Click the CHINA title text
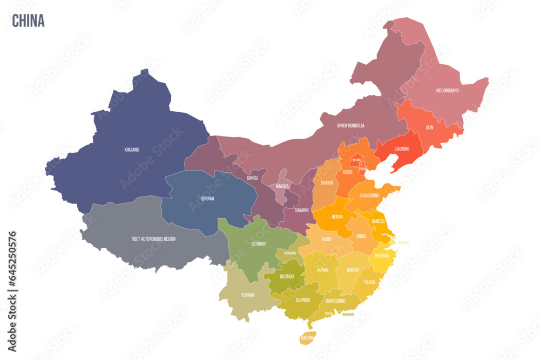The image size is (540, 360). pyautogui.click(x=28, y=21)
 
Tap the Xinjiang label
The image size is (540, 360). pyautogui.click(x=131, y=150)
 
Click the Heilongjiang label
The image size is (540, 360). pyautogui.click(x=447, y=90)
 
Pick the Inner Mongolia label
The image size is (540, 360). pyautogui.click(x=350, y=126)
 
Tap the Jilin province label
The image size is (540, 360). pyautogui.click(x=429, y=128)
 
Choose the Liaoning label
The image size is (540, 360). pyautogui.click(x=402, y=148)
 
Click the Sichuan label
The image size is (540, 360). pyautogui.click(x=258, y=244)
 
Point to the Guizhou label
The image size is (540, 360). pyautogui.click(x=286, y=276)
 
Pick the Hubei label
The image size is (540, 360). pyautogui.click(x=326, y=239)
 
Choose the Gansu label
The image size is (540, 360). pyautogui.click(x=252, y=178)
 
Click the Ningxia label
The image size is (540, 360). pyautogui.click(x=282, y=186)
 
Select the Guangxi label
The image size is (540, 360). pyautogui.click(x=302, y=300)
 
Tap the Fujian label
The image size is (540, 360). pyautogui.click(x=369, y=282)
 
